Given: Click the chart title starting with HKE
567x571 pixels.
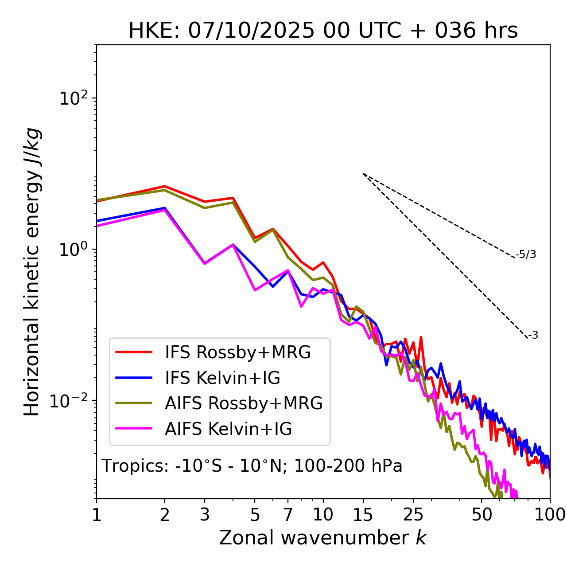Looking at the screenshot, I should (323, 31).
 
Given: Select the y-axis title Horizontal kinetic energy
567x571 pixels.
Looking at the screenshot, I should (32, 272).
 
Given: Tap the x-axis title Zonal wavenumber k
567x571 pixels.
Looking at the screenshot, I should (323, 538).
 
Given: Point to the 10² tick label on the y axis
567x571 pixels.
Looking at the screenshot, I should (73, 98).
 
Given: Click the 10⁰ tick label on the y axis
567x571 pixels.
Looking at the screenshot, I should (73, 250).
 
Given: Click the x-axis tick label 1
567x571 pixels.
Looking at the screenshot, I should (97, 515).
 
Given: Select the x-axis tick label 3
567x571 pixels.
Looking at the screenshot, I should (205, 515).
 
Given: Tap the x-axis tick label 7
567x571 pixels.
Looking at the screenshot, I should (288, 515).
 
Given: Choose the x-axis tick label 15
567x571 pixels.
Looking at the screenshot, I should (363, 515).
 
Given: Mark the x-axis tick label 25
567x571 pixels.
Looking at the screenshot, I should (413, 515).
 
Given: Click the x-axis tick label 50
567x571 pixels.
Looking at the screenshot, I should (482, 515).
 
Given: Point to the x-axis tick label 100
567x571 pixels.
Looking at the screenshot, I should (550, 515).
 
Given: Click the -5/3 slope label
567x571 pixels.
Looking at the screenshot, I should (526, 254).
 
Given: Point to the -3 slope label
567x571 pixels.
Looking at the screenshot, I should (533, 336).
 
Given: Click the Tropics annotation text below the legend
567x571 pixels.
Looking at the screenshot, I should (252, 466).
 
